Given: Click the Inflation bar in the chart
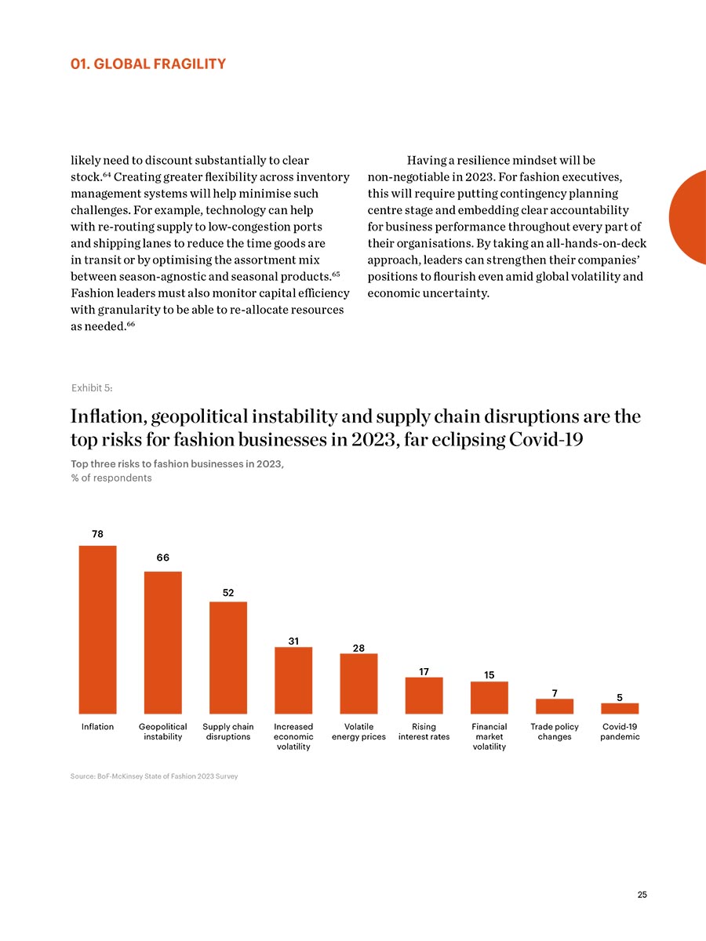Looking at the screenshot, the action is click(97, 630).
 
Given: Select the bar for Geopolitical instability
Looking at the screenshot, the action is click(163, 642).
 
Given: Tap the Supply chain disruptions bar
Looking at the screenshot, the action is click(228, 658).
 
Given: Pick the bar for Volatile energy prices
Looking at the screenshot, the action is click(358, 683).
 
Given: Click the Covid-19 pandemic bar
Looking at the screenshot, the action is click(620, 708).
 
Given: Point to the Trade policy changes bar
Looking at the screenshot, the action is click(555, 706).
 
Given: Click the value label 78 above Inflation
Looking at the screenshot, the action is click(97, 534).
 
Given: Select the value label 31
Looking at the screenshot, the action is click(293, 641).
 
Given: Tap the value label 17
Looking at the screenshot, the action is click(424, 672).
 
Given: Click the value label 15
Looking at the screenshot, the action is click(489, 675).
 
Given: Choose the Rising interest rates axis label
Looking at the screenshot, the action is click(424, 732).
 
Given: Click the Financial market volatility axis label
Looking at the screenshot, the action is click(489, 736).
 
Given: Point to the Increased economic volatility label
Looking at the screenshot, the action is click(293, 736).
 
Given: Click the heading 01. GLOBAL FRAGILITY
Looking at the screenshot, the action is click(148, 64).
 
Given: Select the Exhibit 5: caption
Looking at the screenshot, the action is click(92, 388).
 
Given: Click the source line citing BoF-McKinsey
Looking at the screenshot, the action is click(155, 776).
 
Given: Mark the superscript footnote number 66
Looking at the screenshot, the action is click(131, 324).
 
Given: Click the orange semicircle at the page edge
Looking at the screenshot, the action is click(688, 217).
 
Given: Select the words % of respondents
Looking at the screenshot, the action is click(111, 478).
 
